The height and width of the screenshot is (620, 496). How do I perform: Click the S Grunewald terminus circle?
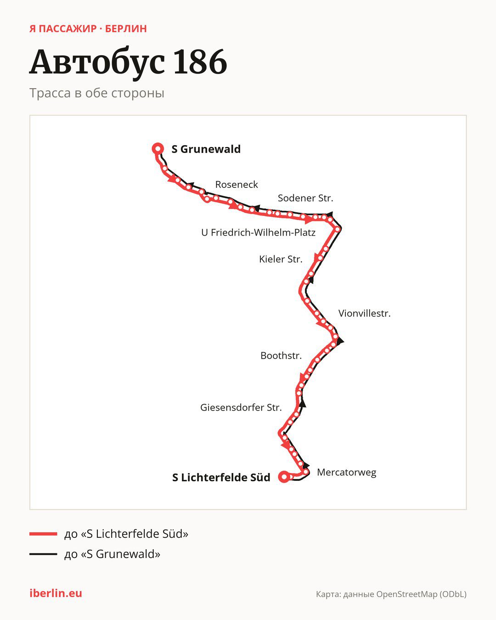(x=158, y=149)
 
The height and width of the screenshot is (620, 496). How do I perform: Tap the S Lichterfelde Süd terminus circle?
(x=284, y=477)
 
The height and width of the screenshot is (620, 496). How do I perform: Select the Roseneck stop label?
(x=237, y=184)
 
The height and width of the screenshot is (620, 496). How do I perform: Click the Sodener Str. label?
(x=305, y=198)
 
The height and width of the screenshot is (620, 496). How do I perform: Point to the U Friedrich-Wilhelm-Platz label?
(x=258, y=232)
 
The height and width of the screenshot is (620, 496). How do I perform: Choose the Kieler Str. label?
(x=281, y=259)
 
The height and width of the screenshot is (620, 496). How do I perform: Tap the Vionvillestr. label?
(x=364, y=313)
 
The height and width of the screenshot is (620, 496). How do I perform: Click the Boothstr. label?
(x=281, y=355)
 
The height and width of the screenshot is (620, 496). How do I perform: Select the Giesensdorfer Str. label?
(x=241, y=407)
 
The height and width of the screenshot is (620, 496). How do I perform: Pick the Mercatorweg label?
(x=346, y=473)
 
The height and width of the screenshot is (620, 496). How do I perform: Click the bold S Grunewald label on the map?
(x=206, y=149)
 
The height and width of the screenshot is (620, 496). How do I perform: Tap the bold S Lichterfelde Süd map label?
(x=221, y=477)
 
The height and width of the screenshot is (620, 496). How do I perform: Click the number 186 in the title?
(x=200, y=62)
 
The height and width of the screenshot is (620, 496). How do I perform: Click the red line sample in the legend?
(x=43, y=534)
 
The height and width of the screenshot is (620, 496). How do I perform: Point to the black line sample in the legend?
(x=43, y=554)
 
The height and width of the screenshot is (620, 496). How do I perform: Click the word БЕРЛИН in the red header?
(x=126, y=29)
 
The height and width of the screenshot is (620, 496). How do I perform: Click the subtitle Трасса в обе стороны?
(x=97, y=93)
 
